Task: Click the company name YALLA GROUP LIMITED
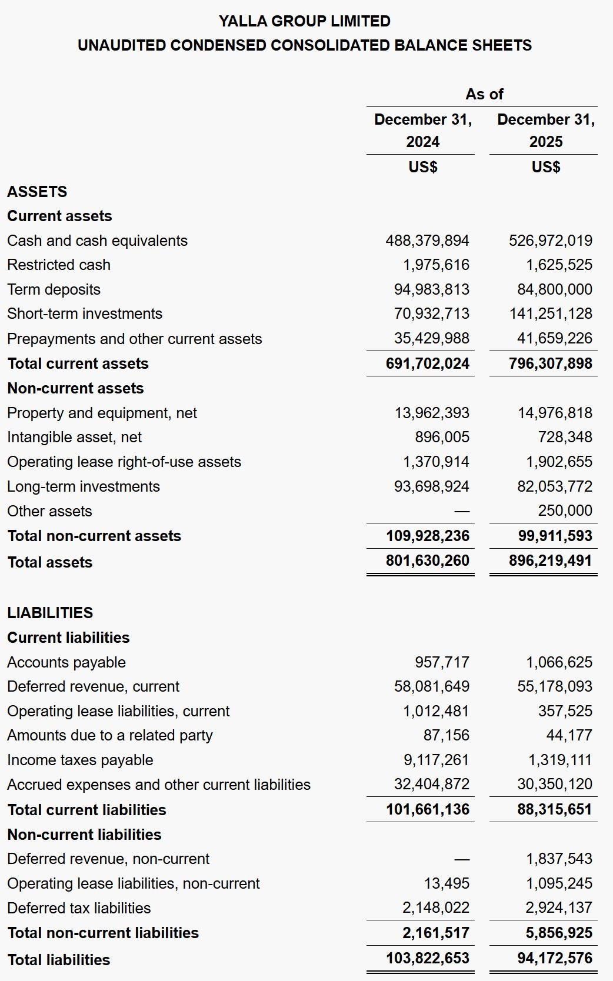tap(304, 21)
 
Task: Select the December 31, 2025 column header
tap(545, 130)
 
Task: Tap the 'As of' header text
tap(484, 94)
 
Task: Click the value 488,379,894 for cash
tap(427, 241)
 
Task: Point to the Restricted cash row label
tap(59, 265)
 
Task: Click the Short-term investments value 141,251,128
tap(551, 313)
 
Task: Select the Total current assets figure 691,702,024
tap(427, 363)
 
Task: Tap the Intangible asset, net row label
tap(74, 437)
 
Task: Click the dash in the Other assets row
tap(462, 512)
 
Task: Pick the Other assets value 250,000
tap(565, 510)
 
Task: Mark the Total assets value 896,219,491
tap(550, 560)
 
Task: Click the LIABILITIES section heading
tap(50, 613)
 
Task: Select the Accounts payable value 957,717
tap(442, 662)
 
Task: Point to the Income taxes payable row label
tap(80, 760)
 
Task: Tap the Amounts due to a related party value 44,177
tap(569, 735)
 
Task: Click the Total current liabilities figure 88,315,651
tap(554, 809)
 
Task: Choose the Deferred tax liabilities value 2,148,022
tap(435, 907)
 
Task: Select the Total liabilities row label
tap(58, 960)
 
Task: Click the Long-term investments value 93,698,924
tap(431, 486)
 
